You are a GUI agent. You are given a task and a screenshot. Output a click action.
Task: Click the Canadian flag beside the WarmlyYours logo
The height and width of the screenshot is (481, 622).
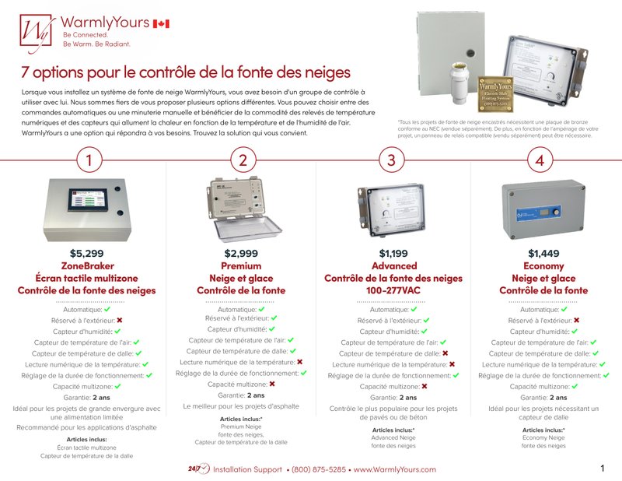(161, 25)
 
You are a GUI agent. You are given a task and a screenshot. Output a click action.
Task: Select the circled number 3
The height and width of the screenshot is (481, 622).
(391, 161)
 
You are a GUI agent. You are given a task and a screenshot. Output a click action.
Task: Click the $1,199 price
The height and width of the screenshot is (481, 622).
(393, 254)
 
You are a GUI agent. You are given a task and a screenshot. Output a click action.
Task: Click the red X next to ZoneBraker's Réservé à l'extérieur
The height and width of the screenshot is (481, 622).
(120, 320)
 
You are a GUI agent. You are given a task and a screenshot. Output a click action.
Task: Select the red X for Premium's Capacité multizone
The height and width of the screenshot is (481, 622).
(272, 384)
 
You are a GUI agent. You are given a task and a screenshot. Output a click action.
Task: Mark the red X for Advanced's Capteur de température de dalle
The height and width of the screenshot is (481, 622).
(445, 353)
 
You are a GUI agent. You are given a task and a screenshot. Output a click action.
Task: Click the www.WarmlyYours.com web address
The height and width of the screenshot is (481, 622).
(394, 469)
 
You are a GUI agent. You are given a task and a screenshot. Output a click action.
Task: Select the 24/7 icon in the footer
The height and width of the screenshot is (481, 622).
(198, 469)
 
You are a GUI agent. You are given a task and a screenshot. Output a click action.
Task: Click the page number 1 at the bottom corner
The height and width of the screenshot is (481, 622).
(603, 469)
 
